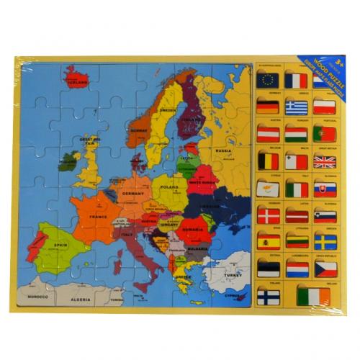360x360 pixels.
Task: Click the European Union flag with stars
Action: coord(267,81)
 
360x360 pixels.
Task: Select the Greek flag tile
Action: coord(296,107)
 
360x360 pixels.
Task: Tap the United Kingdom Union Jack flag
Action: coord(325,162)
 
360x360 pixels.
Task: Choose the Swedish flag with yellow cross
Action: coord(325,242)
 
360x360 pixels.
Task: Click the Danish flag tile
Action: coord(267,216)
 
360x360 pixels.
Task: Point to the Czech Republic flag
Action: coord(325,269)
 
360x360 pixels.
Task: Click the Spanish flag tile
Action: coord(267,242)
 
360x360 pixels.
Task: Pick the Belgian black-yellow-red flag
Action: coord(267,161)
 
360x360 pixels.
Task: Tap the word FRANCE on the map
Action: coord(98,215)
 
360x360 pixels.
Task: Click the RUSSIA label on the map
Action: coord(223,151)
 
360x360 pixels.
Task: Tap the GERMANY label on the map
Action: coord(133,194)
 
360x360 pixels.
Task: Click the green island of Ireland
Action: coord(68,160)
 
